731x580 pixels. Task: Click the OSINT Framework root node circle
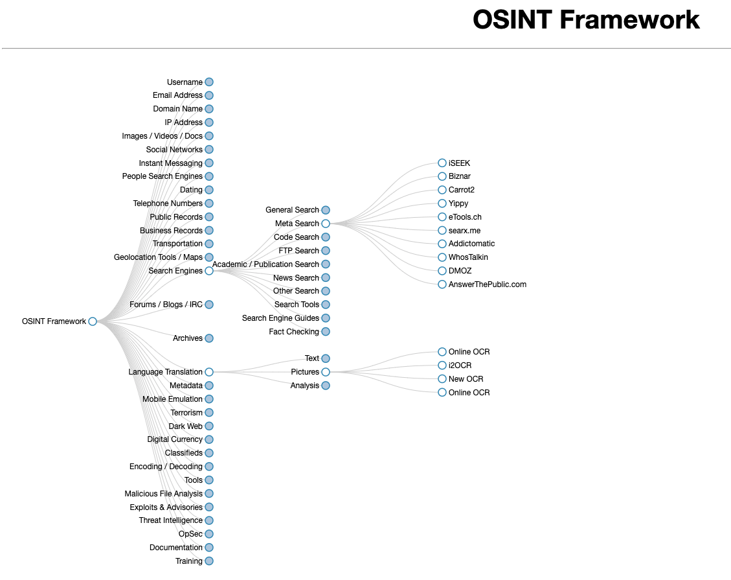click(93, 321)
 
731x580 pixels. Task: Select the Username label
click(185, 82)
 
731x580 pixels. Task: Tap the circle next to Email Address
click(209, 96)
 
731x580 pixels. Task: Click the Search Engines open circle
click(209, 271)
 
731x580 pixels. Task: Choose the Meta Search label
click(297, 224)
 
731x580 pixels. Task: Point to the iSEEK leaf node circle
click(442, 163)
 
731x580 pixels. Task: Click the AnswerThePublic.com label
click(487, 284)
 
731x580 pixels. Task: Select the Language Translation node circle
click(209, 372)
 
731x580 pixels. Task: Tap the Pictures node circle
click(326, 372)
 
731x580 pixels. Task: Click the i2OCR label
click(460, 365)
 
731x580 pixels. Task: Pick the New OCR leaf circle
click(442, 379)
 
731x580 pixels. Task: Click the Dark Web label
click(186, 426)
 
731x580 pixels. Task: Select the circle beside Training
click(209, 561)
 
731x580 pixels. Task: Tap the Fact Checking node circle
click(326, 332)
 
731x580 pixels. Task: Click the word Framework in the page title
click(629, 19)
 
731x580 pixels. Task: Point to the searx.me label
click(464, 231)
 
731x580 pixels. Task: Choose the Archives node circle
click(209, 338)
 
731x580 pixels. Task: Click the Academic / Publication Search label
click(265, 264)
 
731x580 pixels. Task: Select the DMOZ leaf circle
click(442, 271)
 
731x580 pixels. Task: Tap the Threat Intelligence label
click(171, 520)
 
